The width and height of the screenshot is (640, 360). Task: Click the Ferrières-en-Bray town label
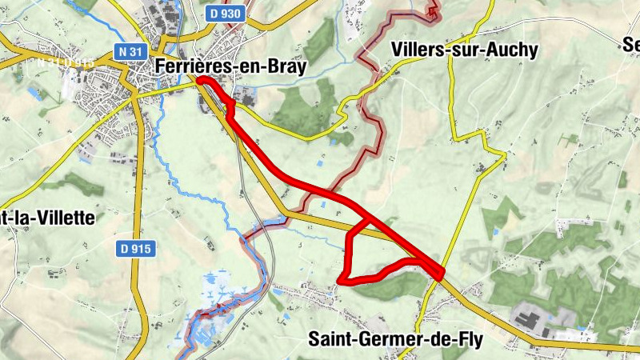point(231,67)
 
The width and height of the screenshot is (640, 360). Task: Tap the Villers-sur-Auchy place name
point(466,49)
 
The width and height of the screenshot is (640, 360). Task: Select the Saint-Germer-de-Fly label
point(406,339)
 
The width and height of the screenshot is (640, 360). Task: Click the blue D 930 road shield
point(225,14)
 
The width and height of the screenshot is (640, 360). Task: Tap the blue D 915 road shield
point(134,249)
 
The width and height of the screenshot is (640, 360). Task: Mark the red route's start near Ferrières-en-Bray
point(199,81)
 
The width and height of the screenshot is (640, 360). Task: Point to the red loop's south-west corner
point(340,280)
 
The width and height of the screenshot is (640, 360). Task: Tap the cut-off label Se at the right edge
point(630,45)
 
